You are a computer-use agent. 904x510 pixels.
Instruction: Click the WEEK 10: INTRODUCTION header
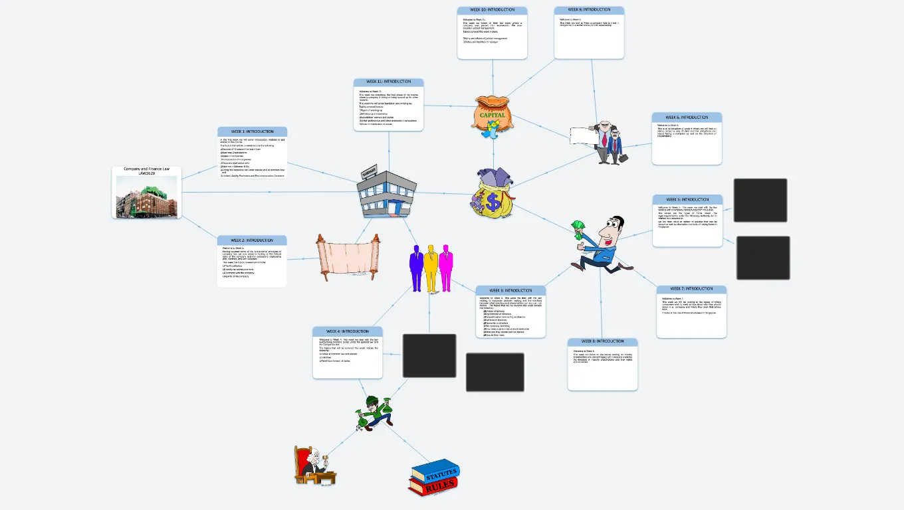492,10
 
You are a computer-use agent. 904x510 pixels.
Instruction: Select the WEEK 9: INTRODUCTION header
589,10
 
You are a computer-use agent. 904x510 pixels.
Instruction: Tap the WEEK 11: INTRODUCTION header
389,82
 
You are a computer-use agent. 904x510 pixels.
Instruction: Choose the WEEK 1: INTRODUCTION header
252,131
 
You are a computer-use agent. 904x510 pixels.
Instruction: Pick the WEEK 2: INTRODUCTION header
252,240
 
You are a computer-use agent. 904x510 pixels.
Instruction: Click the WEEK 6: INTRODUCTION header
687,118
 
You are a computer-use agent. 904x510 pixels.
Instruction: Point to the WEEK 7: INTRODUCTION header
691,289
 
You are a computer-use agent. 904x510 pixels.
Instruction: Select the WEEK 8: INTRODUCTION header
602,341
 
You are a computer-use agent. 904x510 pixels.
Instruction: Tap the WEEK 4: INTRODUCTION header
347,331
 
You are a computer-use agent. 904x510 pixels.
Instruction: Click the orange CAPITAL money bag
493,114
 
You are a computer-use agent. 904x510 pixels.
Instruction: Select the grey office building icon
386,192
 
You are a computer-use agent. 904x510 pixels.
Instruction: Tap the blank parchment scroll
342,256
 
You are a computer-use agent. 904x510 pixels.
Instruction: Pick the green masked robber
374,412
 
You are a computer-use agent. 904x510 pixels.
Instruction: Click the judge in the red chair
313,465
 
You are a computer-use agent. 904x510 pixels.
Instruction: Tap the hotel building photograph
146,197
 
